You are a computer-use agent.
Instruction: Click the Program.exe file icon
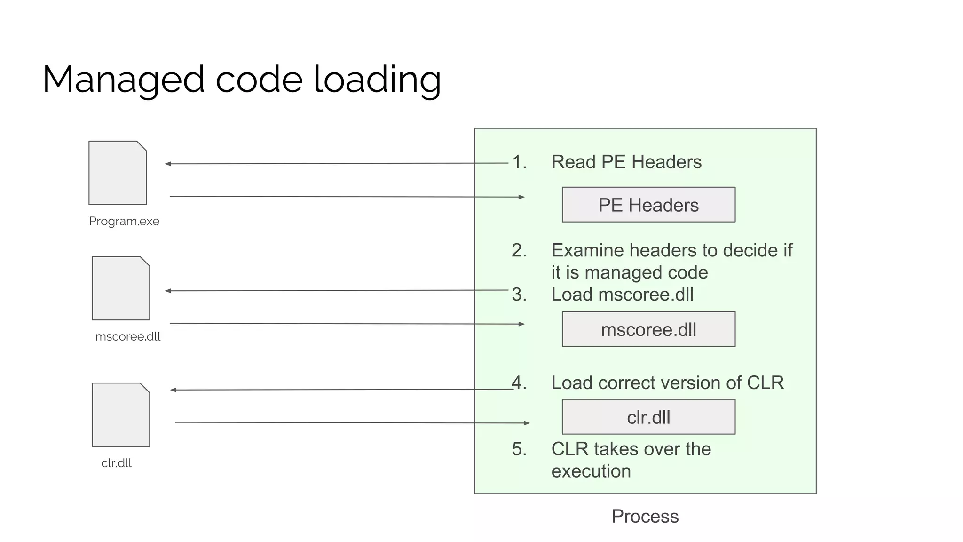tap(118, 173)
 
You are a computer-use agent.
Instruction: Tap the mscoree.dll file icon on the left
tap(121, 288)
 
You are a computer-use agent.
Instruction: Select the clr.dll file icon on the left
tap(121, 414)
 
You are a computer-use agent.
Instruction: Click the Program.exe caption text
tap(124, 221)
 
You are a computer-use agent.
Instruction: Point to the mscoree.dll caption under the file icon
tap(128, 336)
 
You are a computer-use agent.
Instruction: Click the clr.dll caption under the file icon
tap(116, 463)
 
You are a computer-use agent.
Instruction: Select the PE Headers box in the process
tap(648, 205)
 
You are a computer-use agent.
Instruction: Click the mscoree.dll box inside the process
tap(648, 329)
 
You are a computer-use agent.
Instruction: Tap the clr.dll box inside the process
tap(648, 417)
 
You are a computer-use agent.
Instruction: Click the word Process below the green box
tap(645, 516)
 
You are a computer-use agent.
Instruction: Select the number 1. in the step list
tap(519, 162)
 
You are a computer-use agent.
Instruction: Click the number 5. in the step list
tap(519, 449)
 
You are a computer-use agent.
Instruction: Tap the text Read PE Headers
tap(626, 162)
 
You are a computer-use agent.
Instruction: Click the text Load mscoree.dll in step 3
tap(622, 295)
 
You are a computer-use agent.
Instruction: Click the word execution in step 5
tap(591, 471)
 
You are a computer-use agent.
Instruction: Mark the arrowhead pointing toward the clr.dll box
tap(527, 423)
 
